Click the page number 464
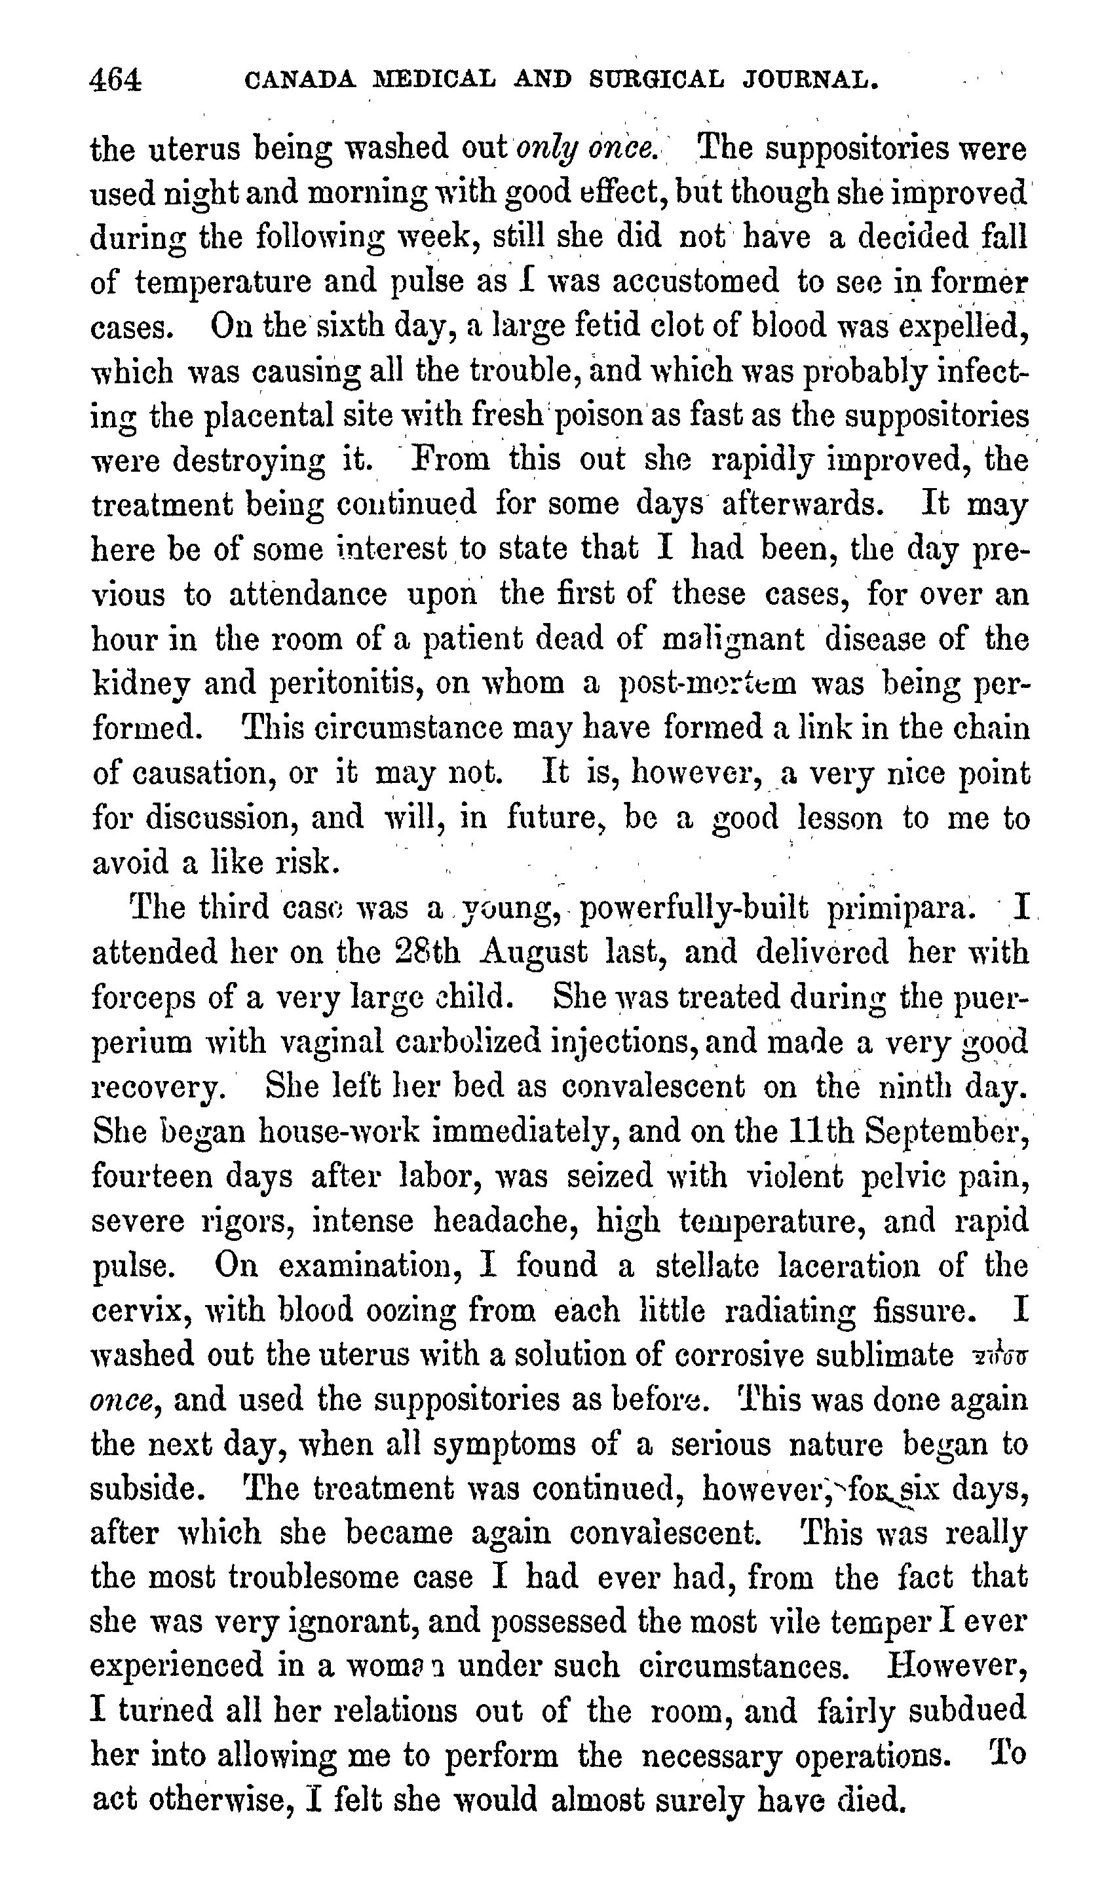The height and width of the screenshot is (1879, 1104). [115, 79]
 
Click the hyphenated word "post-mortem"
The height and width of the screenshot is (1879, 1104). [708, 684]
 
